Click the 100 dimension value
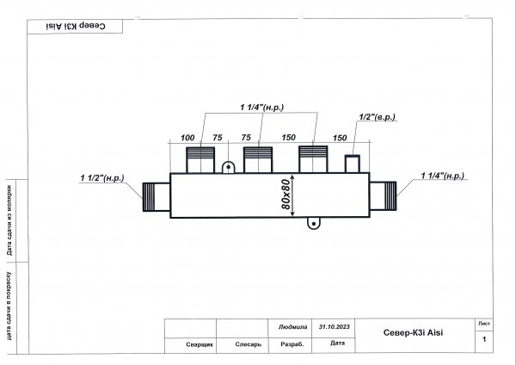pyautogui.click(x=187, y=138)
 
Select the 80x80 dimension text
pyautogui.click(x=286, y=195)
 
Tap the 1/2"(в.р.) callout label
pyautogui.click(x=378, y=117)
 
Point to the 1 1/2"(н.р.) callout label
pyautogui.click(x=102, y=178)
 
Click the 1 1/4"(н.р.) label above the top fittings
pyautogui.click(x=262, y=108)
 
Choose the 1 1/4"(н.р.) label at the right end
pyautogui.click(x=443, y=176)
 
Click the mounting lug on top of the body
pyautogui.click(x=229, y=167)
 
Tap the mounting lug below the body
pyautogui.click(x=314, y=223)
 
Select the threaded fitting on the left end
pyautogui.click(x=157, y=197)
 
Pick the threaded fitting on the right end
pyautogui.click(x=383, y=195)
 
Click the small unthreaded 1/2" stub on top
pyautogui.click(x=353, y=164)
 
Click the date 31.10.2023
pyautogui.click(x=334, y=327)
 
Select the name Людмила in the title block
pyautogui.click(x=292, y=327)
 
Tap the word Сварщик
pyautogui.click(x=200, y=344)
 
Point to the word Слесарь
pyautogui.click(x=249, y=344)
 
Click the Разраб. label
pyautogui.click(x=292, y=344)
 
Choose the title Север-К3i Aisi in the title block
pyautogui.click(x=413, y=332)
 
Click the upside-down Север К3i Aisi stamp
pyautogui.click(x=76, y=26)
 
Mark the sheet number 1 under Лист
pyautogui.click(x=484, y=339)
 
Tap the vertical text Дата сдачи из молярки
pyautogui.click(x=9, y=220)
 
